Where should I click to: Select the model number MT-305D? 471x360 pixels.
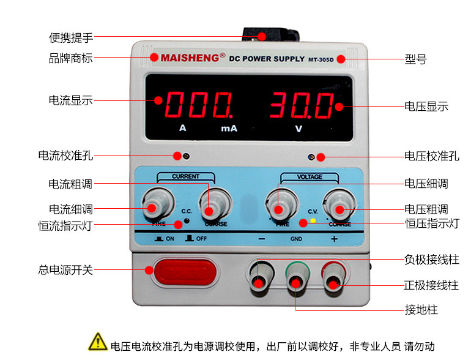(x=321, y=59)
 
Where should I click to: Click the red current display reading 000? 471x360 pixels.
(x=198, y=105)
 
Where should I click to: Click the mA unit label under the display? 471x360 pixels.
(x=229, y=129)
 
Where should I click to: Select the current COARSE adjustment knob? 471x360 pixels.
(x=212, y=205)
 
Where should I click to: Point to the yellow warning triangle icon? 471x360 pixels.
(x=98, y=340)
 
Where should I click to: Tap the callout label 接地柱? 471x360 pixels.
(x=421, y=309)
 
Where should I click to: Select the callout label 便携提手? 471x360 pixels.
(x=71, y=37)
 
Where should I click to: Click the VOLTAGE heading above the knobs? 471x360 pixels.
(x=310, y=177)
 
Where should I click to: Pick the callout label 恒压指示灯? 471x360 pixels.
(x=432, y=223)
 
